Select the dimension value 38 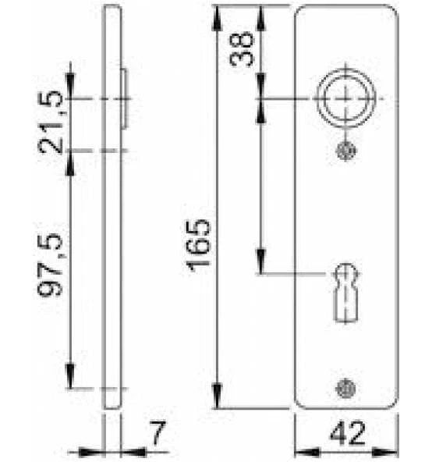tap(242, 48)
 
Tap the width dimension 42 tap(348, 433)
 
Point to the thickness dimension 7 tap(158, 432)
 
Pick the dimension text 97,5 tap(50, 264)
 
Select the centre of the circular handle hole tap(346, 98)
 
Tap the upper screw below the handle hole tap(346, 151)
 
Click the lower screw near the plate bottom tap(345, 389)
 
